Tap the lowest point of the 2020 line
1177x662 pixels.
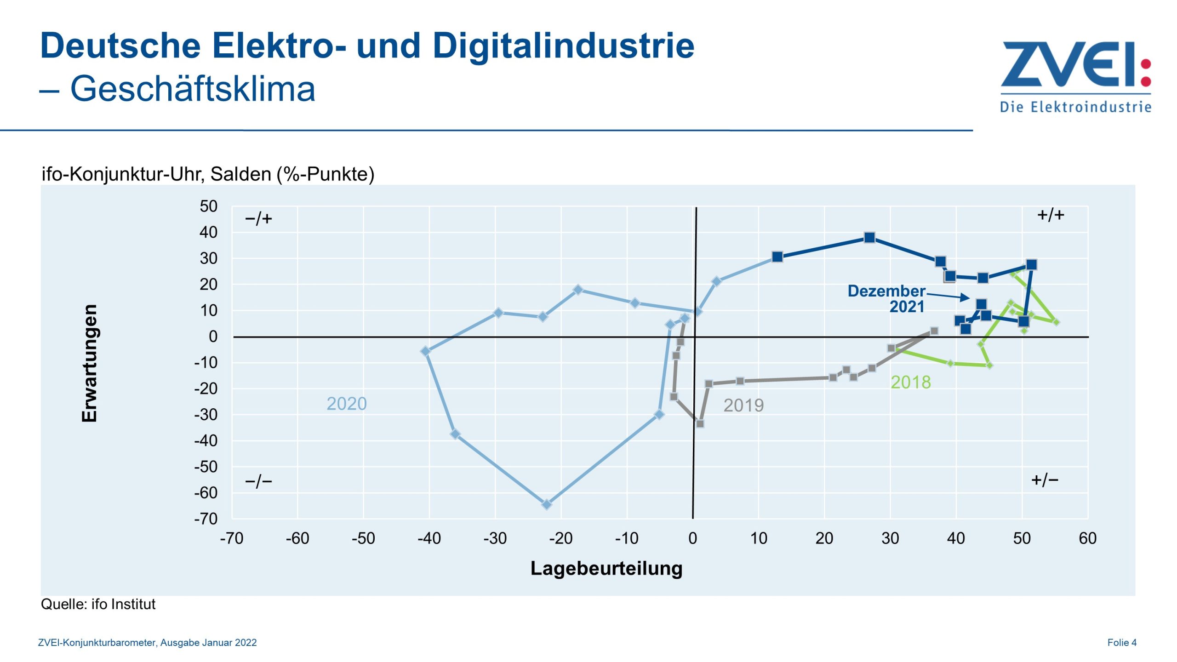point(546,504)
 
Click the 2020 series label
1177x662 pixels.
point(346,404)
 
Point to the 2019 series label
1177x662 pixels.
point(743,405)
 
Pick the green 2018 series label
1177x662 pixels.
point(910,382)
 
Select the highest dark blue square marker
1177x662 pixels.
point(869,238)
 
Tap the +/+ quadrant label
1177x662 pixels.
point(1050,215)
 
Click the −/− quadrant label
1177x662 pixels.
point(258,481)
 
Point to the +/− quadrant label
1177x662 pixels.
point(1044,480)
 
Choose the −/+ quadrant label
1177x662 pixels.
point(258,218)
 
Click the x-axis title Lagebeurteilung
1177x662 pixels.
point(606,568)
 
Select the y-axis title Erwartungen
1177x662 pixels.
point(89,363)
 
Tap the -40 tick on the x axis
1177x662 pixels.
point(429,538)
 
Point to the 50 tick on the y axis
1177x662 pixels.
point(208,206)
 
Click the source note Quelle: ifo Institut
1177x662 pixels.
point(98,604)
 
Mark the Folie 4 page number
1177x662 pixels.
point(1121,642)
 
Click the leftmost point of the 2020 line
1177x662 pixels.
point(425,351)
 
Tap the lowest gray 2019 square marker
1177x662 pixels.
point(700,423)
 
